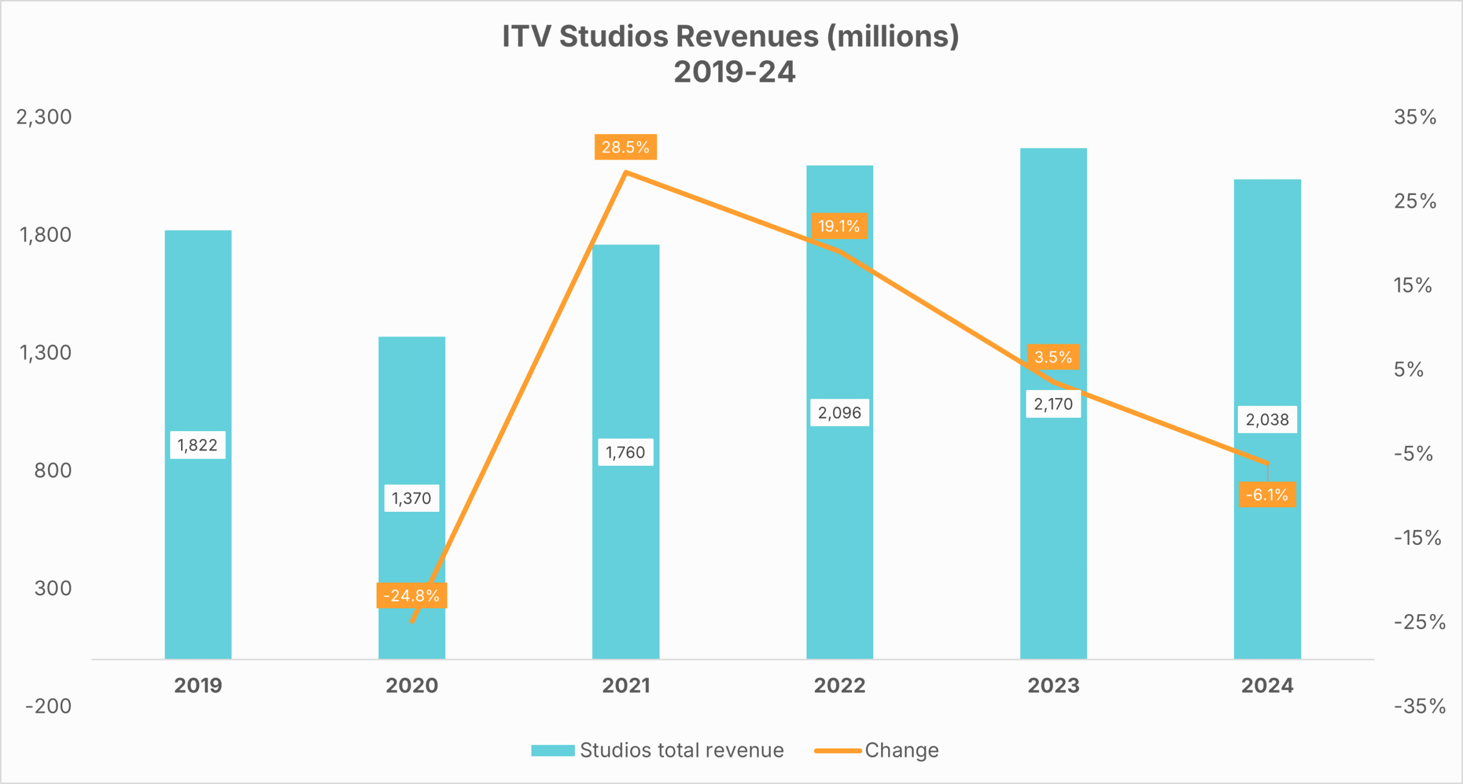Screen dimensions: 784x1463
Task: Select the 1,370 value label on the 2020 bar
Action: [411, 498]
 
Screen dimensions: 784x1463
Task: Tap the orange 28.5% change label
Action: [625, 148]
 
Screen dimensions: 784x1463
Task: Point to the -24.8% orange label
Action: [411, 596]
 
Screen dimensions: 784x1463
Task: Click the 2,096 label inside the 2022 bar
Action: [839, 413]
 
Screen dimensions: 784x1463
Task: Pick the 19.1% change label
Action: [839, 226]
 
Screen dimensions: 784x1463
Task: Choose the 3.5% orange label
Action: [1053, 357]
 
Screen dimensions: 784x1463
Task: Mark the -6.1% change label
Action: [1267, 495]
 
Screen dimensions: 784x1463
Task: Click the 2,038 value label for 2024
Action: [1267, 420]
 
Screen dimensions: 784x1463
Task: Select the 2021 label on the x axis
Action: [626, 686]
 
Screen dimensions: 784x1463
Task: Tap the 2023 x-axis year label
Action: [1053, 686]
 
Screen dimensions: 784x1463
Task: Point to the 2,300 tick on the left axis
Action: [44, 117]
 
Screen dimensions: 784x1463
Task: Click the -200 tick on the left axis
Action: [48, 706]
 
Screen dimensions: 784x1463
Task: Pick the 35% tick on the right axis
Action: [1415, 117]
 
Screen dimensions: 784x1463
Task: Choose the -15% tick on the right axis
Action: [1417, 538]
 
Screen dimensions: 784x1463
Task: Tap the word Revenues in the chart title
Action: [748, 36]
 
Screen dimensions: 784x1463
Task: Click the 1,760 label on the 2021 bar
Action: [625, 453]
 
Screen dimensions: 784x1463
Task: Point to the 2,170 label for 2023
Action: [1053, 404]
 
